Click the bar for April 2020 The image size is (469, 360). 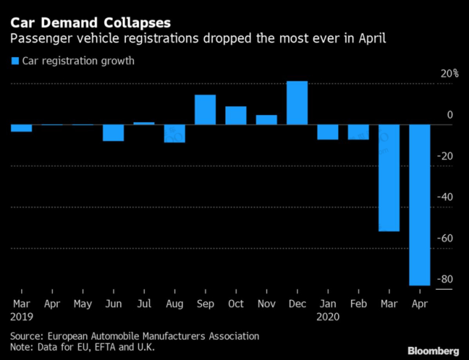[x=419, y=205]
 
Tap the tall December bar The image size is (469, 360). [x=296, y=102]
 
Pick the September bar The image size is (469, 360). [x=205, y=110]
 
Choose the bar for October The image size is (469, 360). [x=236, y=116]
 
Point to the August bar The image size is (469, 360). [x=174, y=133]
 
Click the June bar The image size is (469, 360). [x=113, y=132]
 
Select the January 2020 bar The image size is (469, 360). [x=327, y=132]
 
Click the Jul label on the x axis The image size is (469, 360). [x=143, y=301]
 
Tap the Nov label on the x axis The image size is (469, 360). [x=266, y=301]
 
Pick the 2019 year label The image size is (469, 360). [x=22, y=317]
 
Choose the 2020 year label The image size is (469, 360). [x=329, y=317]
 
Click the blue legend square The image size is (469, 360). [x=15, y=61]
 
